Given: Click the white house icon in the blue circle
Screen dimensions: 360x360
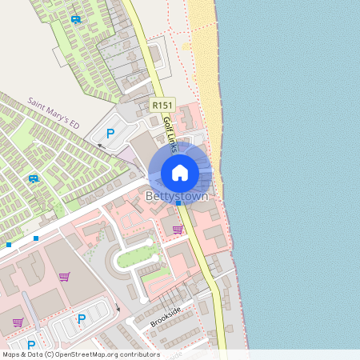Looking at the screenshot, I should click(x=180, y=172).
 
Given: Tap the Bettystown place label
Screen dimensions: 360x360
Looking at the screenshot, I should click(x=177, y=196).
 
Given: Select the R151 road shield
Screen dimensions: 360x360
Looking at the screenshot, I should click(x=162, y=105).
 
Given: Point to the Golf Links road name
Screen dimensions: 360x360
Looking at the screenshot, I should click(x=170, y=131).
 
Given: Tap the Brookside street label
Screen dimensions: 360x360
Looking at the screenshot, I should click(x=166, y=316).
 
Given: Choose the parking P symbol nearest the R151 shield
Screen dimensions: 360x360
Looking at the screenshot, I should click(x=110, y=134).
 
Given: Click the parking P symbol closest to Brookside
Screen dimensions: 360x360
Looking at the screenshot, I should click(x=81, y=319).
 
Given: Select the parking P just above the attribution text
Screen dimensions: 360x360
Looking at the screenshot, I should click(x=32, y=345).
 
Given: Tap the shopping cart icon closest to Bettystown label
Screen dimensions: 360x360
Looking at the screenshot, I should click(x=177, y=230).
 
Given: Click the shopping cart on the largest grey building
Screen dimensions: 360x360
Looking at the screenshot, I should click(x=64, y=277).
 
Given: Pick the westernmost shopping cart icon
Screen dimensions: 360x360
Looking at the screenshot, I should click(x=18, y=323).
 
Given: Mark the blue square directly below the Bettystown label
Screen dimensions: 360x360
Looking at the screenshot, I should click(x=178, y=204).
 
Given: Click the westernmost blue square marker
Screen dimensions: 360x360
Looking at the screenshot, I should click(x=9, y=244).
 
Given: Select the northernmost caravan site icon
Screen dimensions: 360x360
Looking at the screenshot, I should click(x=75, y=19).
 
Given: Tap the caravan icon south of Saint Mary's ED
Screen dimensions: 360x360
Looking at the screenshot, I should click(x=34, y=178).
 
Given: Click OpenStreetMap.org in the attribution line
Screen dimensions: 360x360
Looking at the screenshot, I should click(x=83, y=354).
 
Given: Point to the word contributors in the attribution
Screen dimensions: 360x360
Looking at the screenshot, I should click(x=138, y=354).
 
